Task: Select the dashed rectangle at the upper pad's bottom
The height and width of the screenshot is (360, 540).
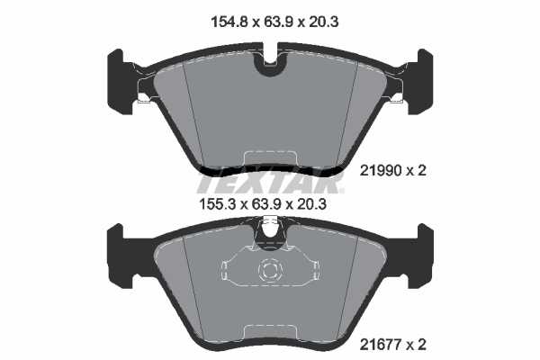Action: pos(270,158)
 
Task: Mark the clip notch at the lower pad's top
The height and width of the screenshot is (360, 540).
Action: pos(270,236)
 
